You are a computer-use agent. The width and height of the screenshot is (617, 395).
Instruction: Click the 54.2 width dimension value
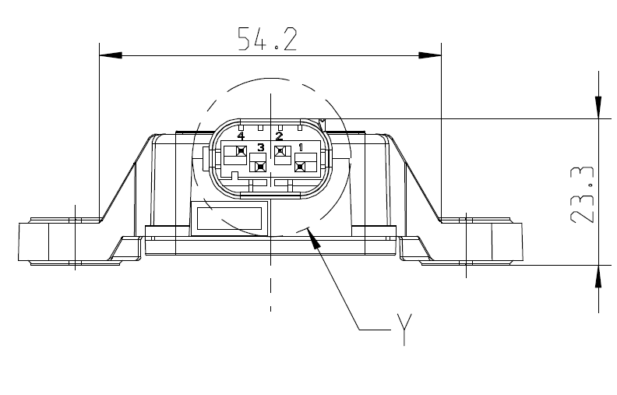coord(267,39)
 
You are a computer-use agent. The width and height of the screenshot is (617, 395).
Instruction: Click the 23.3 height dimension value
coord(583,194)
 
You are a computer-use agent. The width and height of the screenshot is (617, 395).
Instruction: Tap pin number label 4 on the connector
coord(241,136)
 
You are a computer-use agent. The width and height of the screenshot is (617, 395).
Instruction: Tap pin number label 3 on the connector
coord(260,147)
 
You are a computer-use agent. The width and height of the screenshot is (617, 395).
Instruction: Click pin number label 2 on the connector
coord(279,136)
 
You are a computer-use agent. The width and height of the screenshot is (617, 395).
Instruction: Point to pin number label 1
coord(301,147)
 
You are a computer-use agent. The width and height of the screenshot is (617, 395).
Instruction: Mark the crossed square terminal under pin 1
coord(300,164)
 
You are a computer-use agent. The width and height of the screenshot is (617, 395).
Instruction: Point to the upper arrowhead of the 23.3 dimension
coord(598,108)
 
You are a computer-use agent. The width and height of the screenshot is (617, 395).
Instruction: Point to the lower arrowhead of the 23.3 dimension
coord(598,276)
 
